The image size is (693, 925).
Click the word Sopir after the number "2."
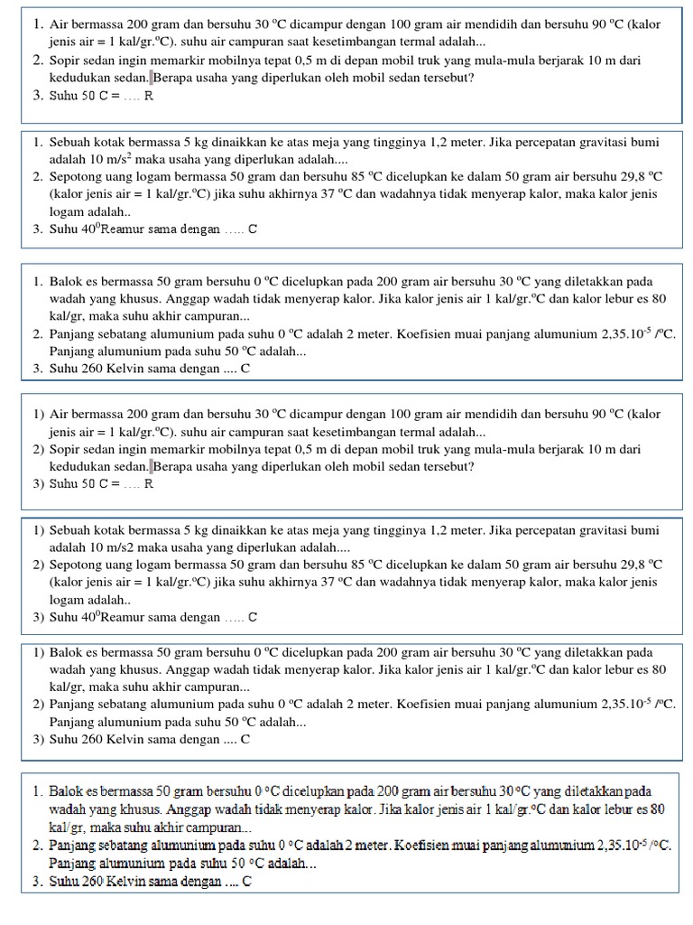[x=67, y=61]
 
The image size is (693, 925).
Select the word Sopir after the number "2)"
[x=67, y=449]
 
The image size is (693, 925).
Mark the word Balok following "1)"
[x=67, y=652]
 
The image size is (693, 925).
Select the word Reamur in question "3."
[x=122, y=229]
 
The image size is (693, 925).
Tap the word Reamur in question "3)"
[x=122, y=618]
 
